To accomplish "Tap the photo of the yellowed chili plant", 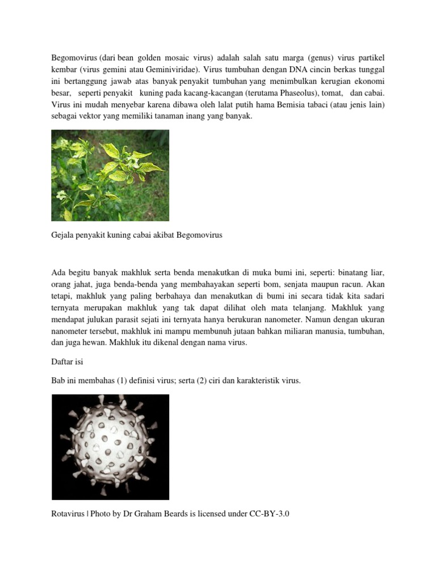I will coord(110,175).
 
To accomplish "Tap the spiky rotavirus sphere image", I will coord(110,447).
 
